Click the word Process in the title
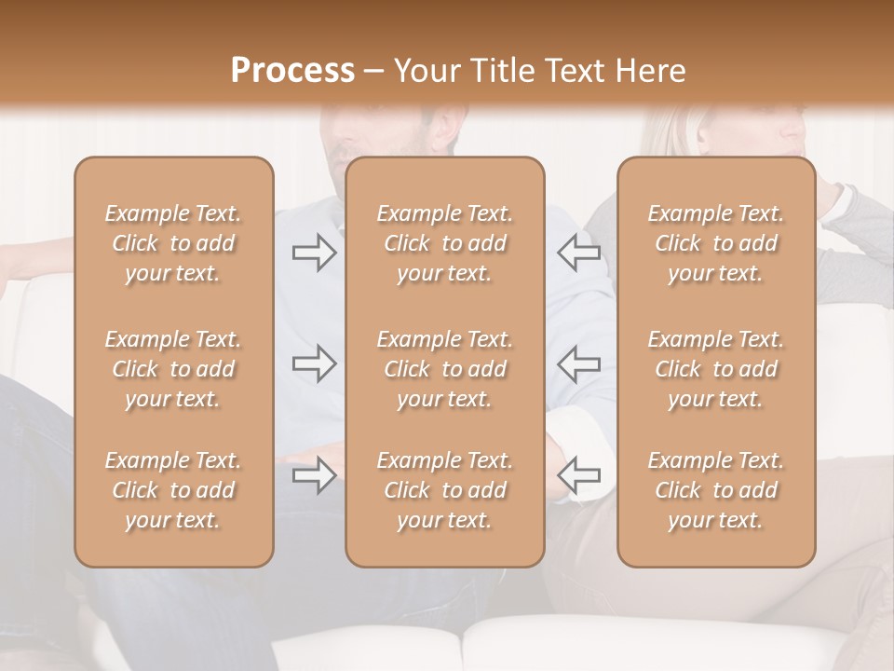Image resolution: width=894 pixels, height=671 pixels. (292, 71)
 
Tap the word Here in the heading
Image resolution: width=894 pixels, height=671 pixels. (650, 71)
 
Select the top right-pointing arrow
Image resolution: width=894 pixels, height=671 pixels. (314, 253)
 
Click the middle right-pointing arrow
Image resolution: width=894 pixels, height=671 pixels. (314, 363)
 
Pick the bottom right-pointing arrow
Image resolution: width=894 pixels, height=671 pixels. (314, 475)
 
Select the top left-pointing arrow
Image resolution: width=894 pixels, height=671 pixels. (579, 253)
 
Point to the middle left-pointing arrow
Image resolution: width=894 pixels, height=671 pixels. (579, 363)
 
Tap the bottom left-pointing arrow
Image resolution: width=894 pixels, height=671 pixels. (579, 475)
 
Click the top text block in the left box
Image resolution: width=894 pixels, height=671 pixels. (173, 243)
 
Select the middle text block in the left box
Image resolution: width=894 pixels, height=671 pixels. (173, 369)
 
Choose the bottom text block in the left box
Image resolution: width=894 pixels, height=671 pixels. (173, 490)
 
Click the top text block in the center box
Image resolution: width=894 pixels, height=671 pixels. (445, 243)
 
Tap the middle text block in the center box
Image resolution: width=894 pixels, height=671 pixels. (445, 369)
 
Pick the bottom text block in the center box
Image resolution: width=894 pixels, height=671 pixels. (445, 490)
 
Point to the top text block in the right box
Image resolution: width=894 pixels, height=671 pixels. (716, 243)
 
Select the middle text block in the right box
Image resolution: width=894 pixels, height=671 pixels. (716, 369)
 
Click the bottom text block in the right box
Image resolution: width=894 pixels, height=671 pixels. (716, 490)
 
